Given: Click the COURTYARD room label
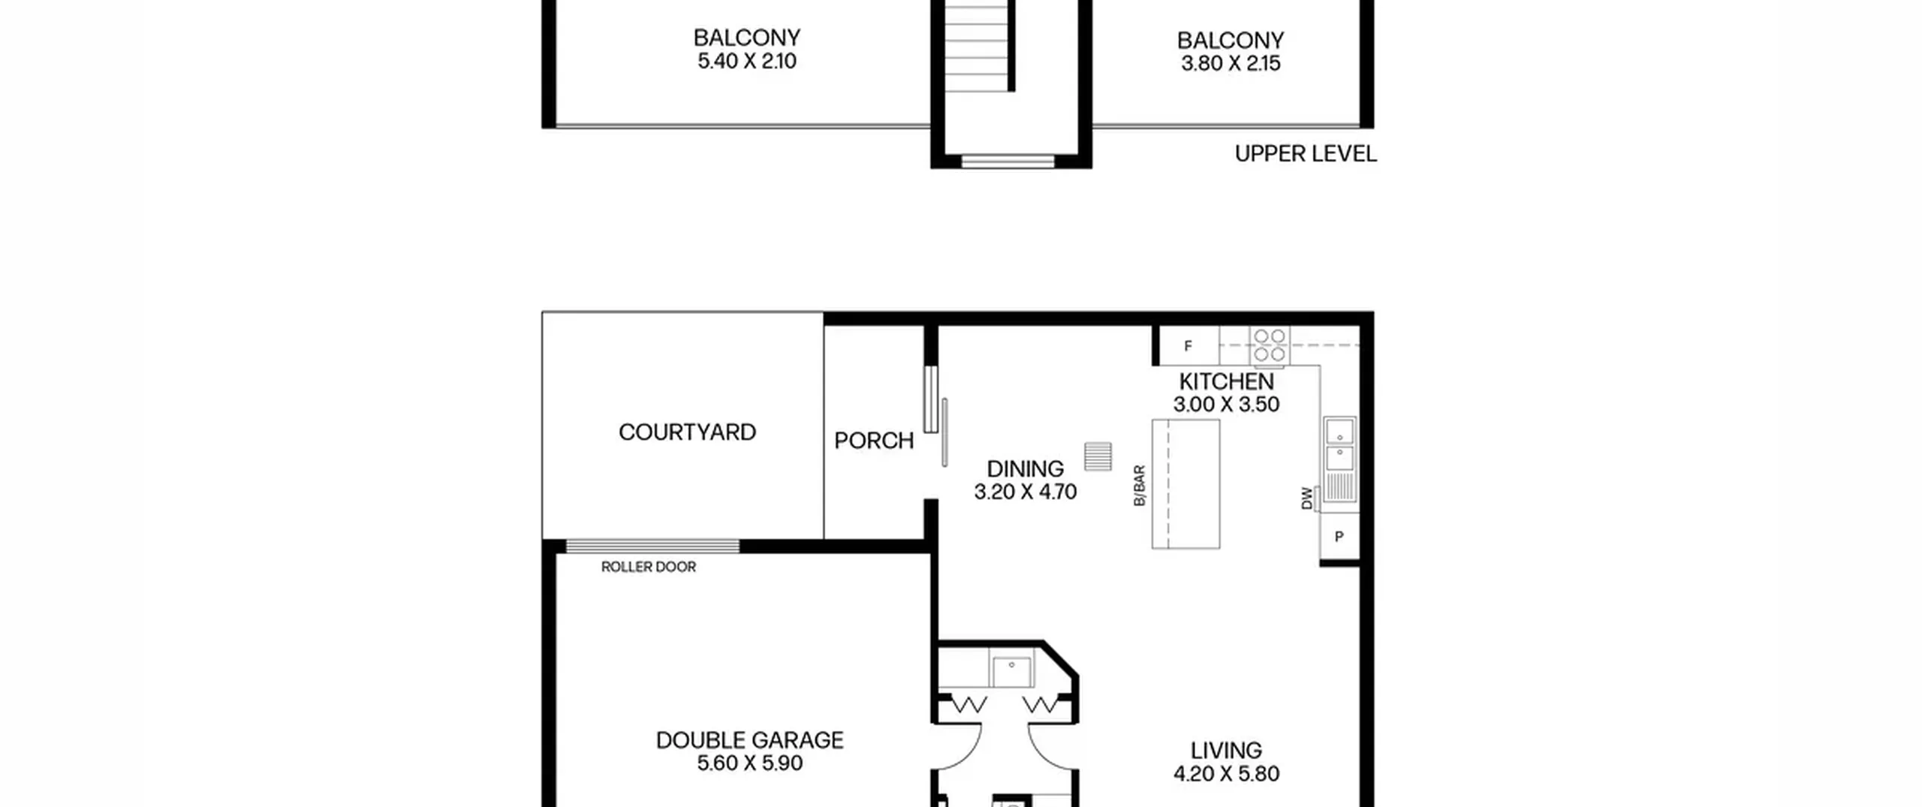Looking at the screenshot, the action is click(687, 432).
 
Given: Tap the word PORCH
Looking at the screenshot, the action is click(874, 441).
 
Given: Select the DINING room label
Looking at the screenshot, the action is click(1025, 469).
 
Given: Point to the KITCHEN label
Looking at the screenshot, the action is click(1226, 381).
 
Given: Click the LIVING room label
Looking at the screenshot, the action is click(1226, 751).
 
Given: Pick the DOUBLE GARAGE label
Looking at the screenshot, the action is click(749, 740).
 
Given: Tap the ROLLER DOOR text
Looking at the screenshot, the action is click(649, 567).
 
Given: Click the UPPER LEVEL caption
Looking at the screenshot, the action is click(1306, 154).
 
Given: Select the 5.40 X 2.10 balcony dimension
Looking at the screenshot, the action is click(747, 61).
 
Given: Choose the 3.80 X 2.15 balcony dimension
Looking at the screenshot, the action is click(1231, 64).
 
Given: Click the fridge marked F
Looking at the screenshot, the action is click(1188, 346).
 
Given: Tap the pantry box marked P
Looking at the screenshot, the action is click(1339, 537).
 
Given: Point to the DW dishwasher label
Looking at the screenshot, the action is click(1307, 498).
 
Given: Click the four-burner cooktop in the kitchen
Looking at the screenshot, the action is click(1270, 345).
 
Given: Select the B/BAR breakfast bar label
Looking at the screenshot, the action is click(1139, 486).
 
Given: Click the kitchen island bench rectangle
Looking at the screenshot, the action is click(1186, 484).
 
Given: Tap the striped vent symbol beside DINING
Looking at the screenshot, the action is click(1098, 456).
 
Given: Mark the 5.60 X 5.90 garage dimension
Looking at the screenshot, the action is click(749, 763).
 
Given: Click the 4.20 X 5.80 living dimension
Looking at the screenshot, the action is click(1226, 774).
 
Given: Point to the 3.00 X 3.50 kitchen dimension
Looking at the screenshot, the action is click(1226, 405).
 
